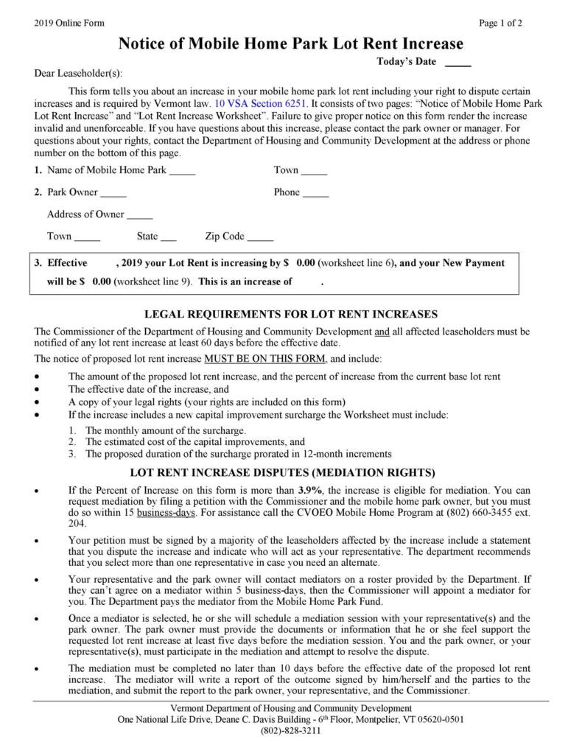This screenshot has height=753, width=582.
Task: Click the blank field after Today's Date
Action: (457, 62)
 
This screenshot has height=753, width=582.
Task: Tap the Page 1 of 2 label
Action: (500, 23)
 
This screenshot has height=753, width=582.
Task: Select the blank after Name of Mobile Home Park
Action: (182, 171)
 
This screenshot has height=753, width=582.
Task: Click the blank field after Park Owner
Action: (113, 193)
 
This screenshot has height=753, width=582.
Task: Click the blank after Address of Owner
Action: (139, 215)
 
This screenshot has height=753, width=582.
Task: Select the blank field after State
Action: (168, 237)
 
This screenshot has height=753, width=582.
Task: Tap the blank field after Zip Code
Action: (260, 237)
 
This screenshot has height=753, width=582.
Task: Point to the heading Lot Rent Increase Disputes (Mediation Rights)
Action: (293, 472)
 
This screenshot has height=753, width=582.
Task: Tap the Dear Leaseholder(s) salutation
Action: (80, 73)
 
